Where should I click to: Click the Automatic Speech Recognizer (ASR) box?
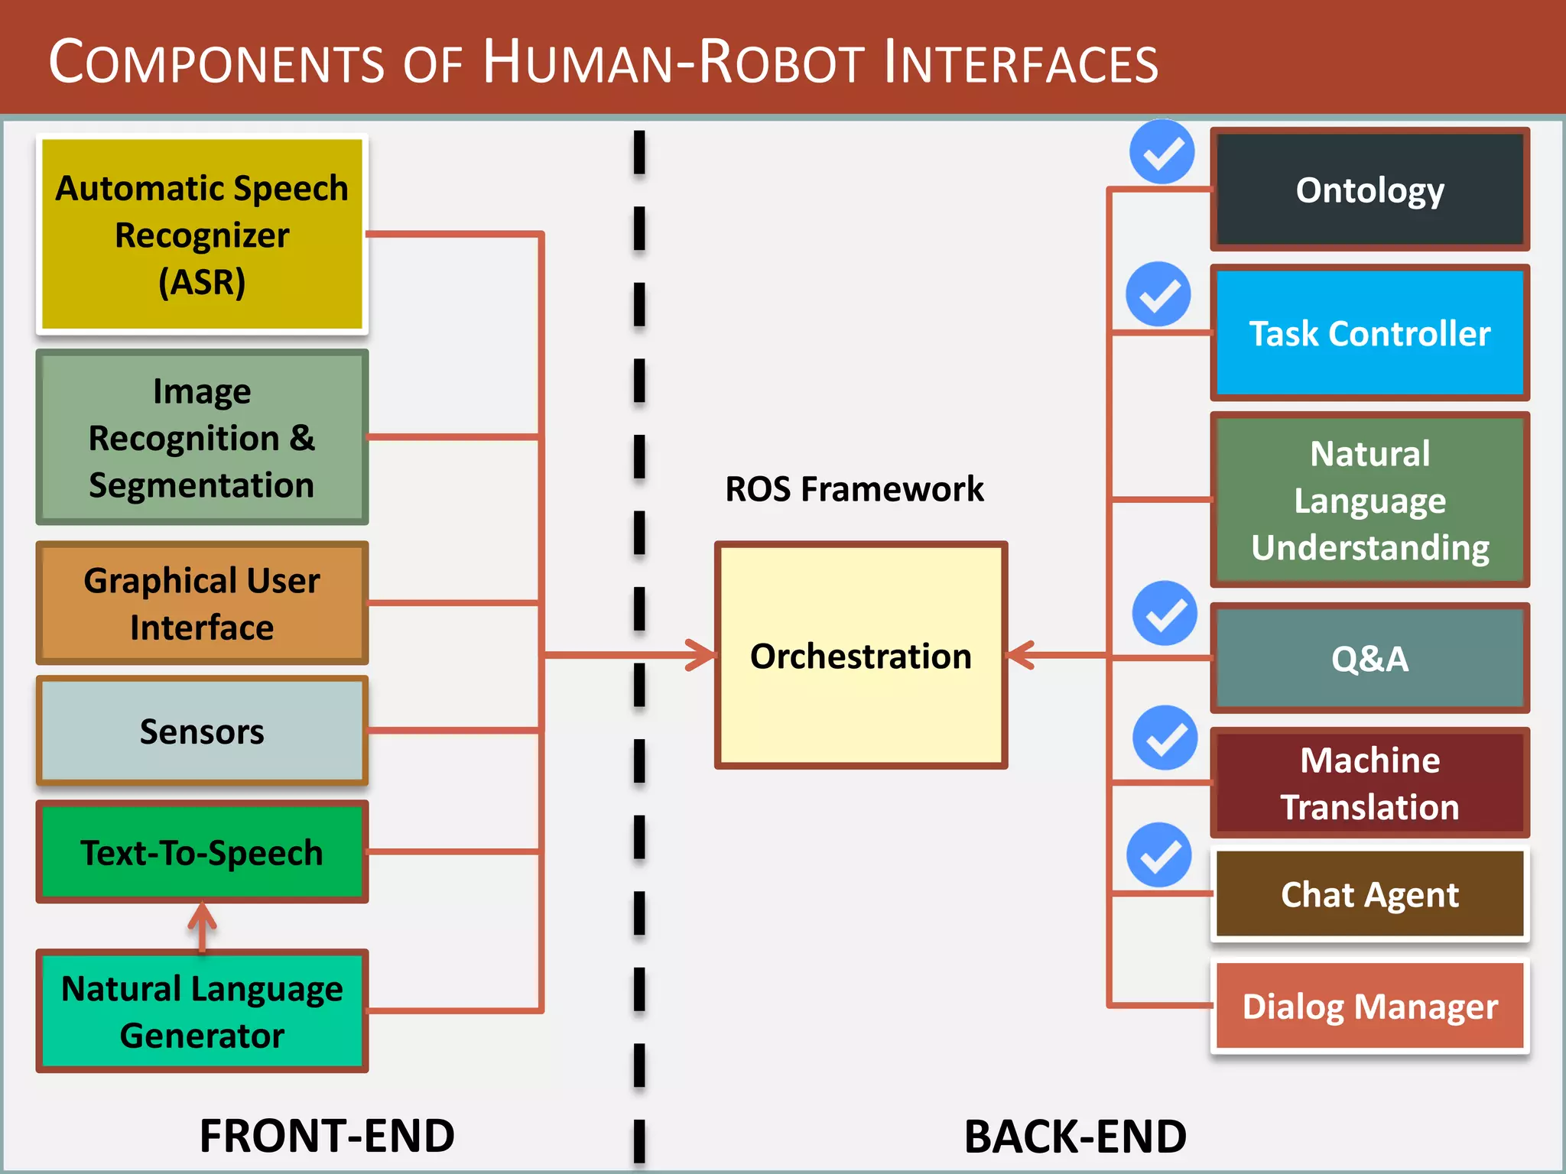tap(202, 234)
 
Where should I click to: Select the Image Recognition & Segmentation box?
tap(202, 437)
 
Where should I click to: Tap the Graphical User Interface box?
tap(202, 603)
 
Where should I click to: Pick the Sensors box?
tap(202, 731)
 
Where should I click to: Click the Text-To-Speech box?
tap(202, 852)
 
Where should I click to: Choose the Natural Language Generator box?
tap(202, 1011)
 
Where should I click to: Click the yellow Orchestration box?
tap(860, 656)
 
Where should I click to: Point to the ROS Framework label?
tap(854, 489)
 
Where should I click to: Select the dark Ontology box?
tap(1369, 190)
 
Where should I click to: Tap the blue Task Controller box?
tap(1369, 333)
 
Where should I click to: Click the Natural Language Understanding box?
tap(1369, 500)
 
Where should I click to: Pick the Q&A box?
tap(1369, 658)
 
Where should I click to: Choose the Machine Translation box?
tap(1369, 783)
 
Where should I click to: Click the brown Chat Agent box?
tap(1369, 894)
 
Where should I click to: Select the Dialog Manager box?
tap(1369, 1006)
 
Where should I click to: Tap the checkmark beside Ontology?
tap(1162, 152)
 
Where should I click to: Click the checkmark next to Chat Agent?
tap(1159, 855)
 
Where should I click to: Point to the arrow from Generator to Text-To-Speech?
tap(202, 926)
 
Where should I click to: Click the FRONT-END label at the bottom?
tap(327, 1136)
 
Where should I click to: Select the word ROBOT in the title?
tap(781, 62)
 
